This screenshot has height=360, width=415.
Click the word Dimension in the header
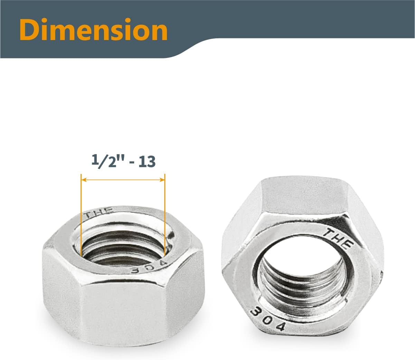click(x=93, y=30)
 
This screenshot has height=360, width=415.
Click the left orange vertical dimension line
click(x=81, y=214)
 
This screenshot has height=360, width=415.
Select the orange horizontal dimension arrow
click(x=123, y=180)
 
